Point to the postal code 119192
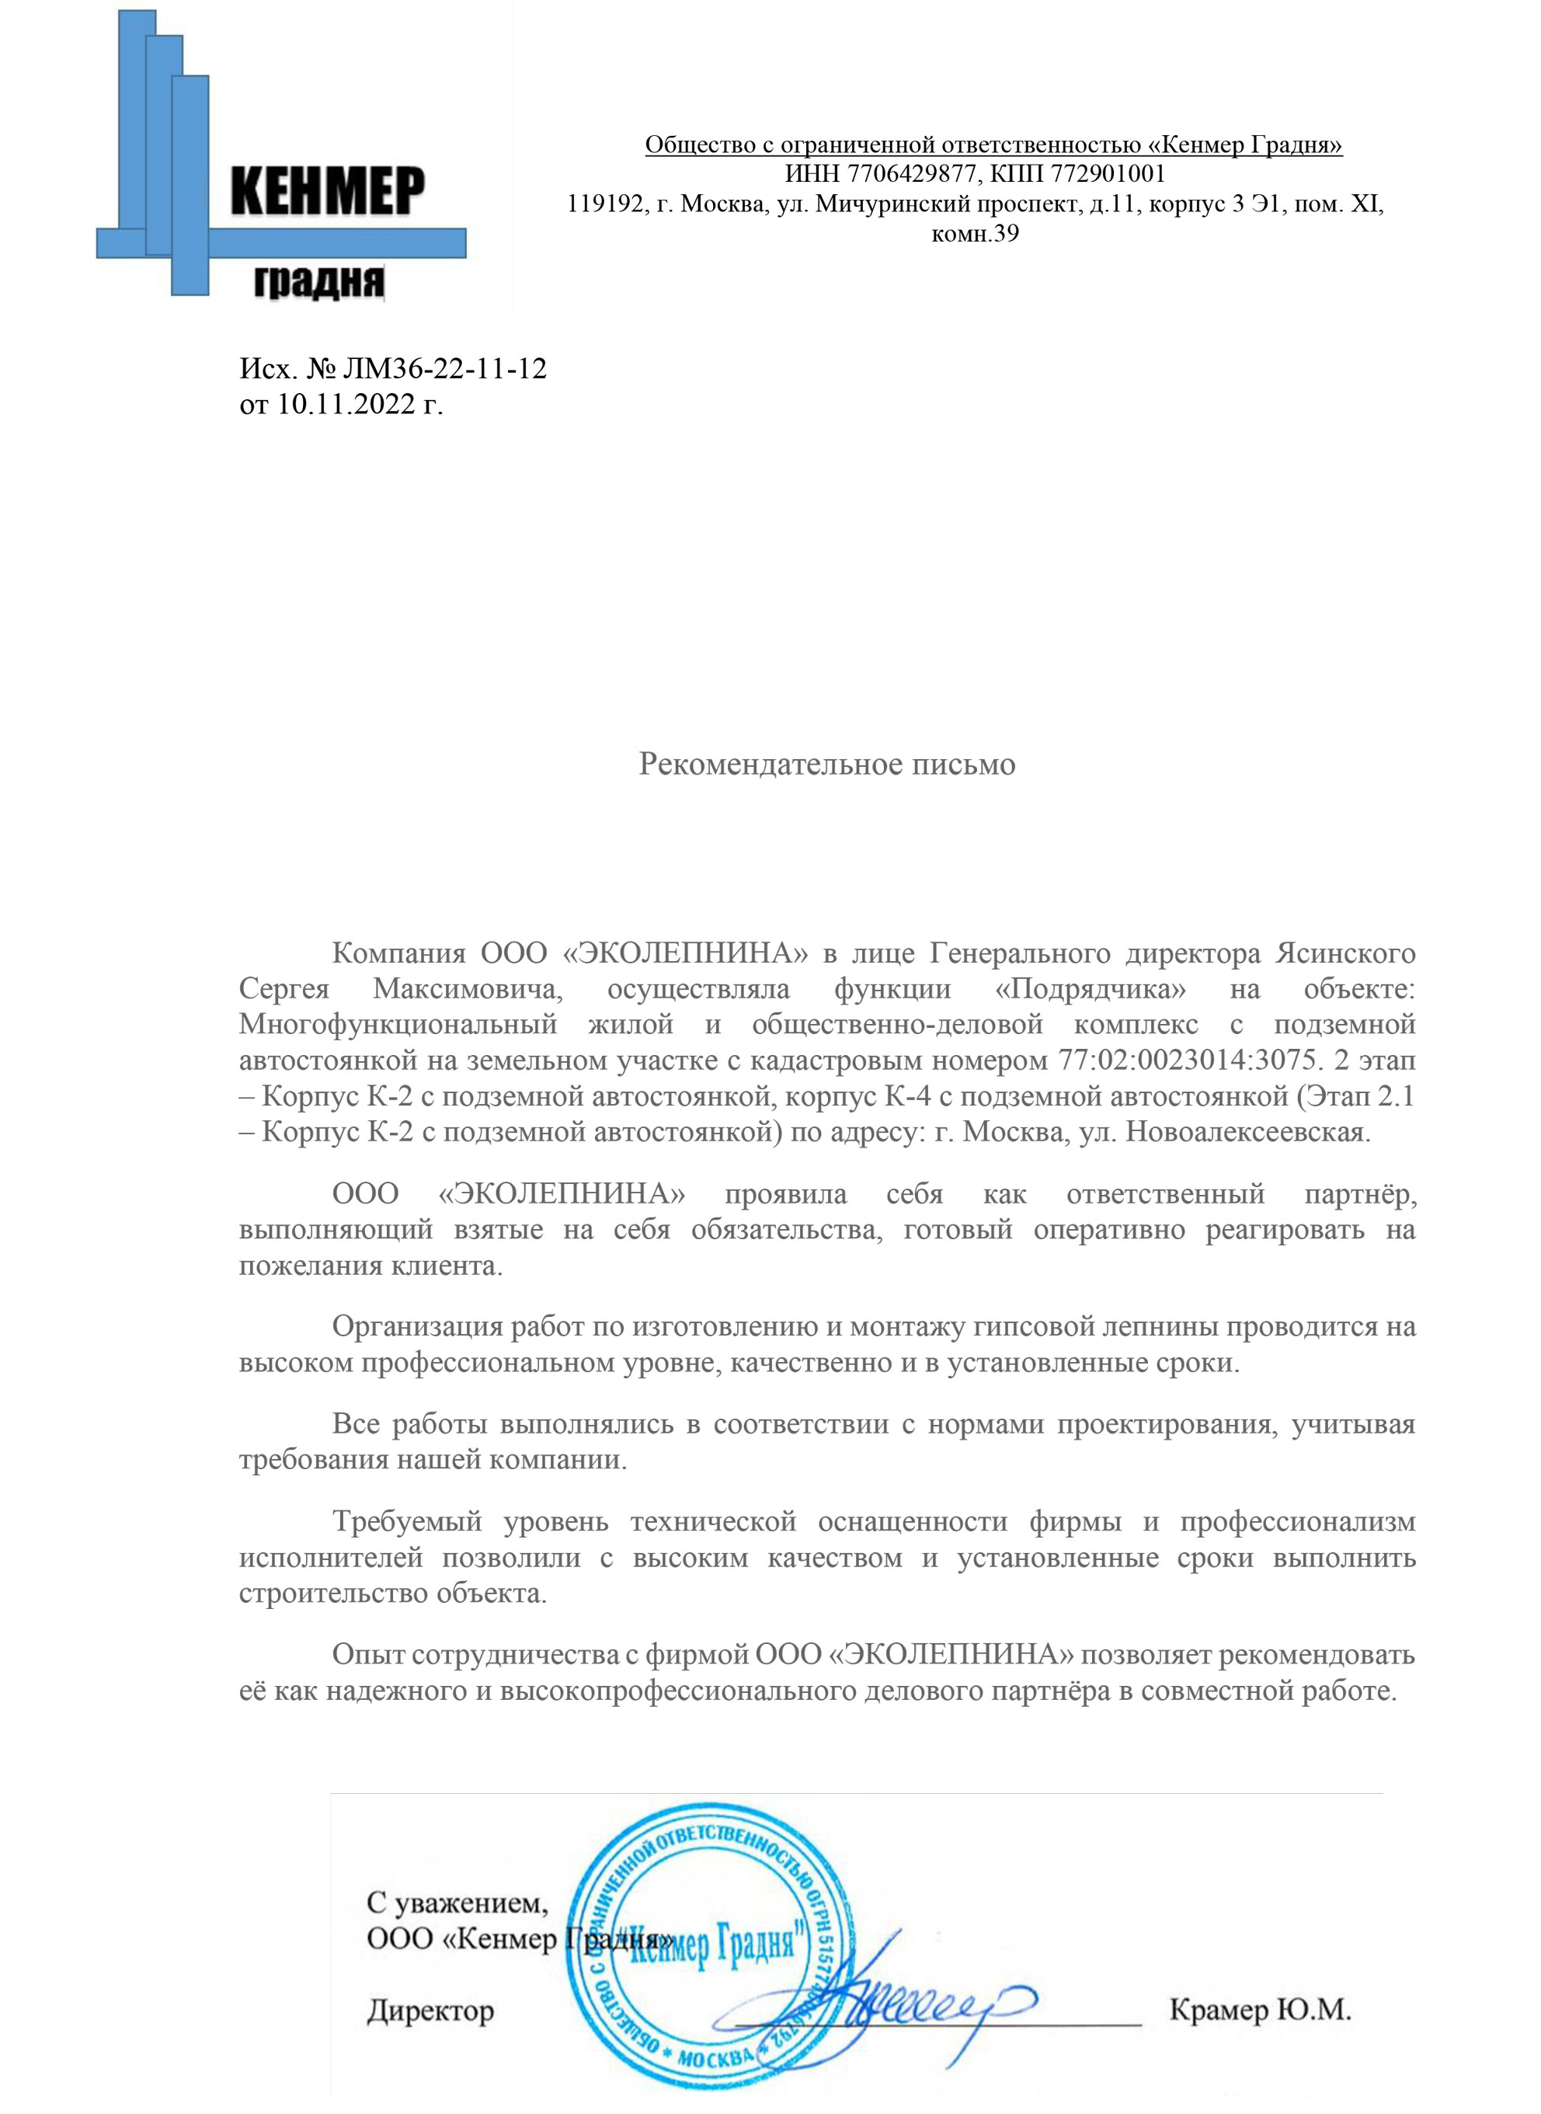coord(604,204)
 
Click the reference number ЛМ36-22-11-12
coord(444,368)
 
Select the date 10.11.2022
coord(345,404)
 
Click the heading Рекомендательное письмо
coord(826,764)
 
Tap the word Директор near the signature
coord(430,2011)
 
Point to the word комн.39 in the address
coord(975,233)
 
